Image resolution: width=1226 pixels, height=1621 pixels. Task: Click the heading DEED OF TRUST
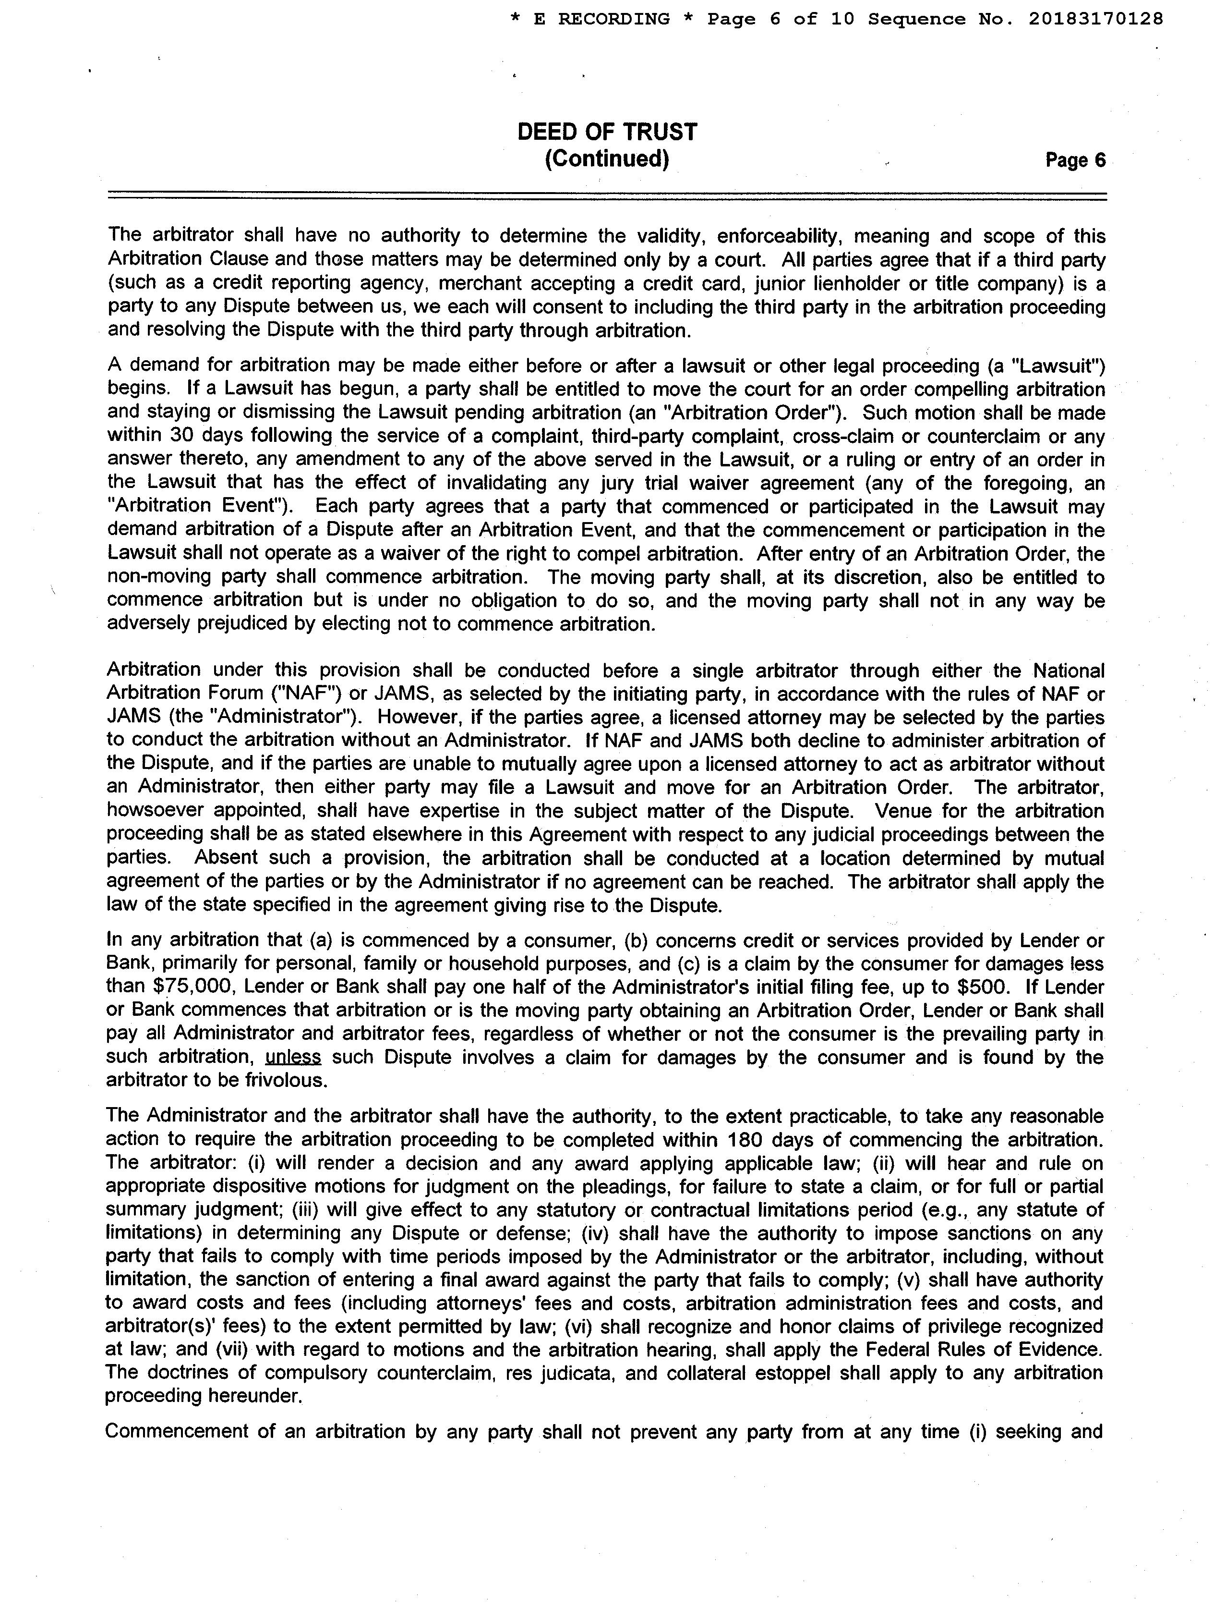coord(607,132)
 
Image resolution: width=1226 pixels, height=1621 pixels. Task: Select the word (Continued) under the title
coord(607,158)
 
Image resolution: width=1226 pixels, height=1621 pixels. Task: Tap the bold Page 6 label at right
coord(1075,160)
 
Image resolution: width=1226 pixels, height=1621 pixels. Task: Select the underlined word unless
coord(293,1058)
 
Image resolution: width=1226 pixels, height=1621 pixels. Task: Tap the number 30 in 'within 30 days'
coord(181,436)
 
